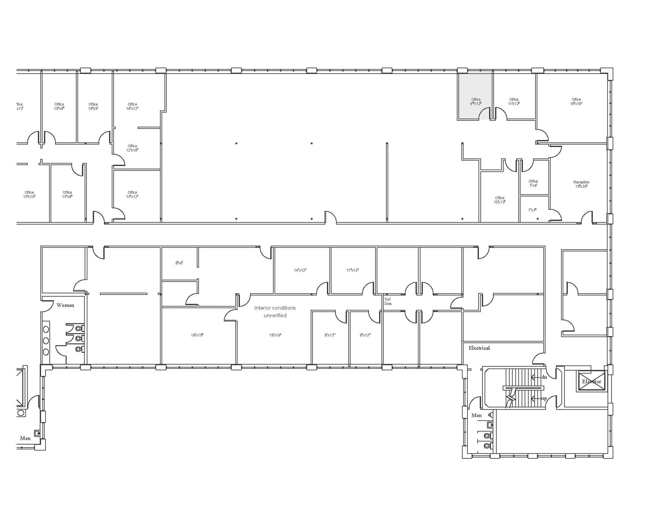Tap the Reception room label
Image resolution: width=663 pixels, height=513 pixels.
pos(581,184)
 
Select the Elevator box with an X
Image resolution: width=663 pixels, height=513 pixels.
pos(591,381)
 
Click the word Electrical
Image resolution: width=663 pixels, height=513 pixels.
pos(479,348)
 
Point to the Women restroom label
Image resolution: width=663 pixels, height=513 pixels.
pos(65,305)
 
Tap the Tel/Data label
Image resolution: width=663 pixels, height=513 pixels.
pos(388,301)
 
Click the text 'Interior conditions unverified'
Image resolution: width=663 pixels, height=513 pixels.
pos(275,311)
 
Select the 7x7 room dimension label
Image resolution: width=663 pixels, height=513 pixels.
pos(532,210)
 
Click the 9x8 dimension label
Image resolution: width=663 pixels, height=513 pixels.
pos(179,263)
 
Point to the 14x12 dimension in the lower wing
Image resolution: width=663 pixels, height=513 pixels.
pos(300,270)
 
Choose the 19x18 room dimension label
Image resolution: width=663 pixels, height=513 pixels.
pos(275,335)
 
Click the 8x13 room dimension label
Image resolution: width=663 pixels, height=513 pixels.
pos(365,335)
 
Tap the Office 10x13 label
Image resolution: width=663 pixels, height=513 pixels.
pos(500,200)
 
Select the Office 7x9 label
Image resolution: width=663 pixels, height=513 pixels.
pos(533,183)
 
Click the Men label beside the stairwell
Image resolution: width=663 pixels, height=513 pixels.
pos(476,415)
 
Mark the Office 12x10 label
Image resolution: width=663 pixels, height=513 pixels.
pos(132,148)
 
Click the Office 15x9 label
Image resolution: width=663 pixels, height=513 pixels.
pos(67,194)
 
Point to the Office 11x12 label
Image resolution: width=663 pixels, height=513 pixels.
pos(514,101)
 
